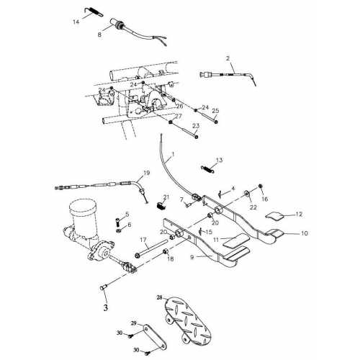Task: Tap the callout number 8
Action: (99, 34)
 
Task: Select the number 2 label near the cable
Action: (228, 58)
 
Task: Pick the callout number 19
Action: (146, 173)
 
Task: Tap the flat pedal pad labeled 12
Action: (276, 215)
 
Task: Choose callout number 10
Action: (305, 233)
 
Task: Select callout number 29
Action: (133, 323)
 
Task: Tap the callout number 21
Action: (166, 197)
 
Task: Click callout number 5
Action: (126, 215)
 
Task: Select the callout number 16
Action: (264, 199)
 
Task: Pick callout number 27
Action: (178, 116)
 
